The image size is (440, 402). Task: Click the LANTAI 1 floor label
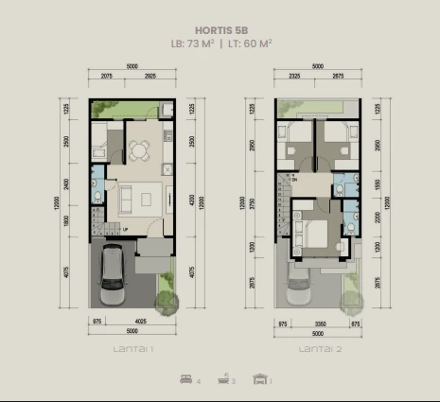132,350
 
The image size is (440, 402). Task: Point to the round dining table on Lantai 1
140,149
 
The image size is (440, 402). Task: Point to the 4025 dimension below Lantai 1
138,322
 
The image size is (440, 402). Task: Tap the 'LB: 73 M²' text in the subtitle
193,44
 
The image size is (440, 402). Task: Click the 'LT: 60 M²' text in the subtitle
247,44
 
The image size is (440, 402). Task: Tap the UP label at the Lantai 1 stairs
125,229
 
